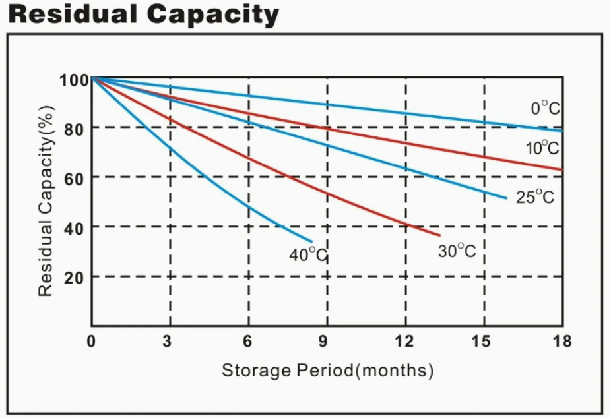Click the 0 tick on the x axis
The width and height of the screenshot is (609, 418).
pyautogui.click(x=91, y=341)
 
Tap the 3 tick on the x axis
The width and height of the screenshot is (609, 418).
pyautogui.click(x=170, y=341)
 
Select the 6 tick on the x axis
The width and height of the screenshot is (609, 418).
pyautogui.click(x=248, y=341)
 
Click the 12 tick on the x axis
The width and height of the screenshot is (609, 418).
pyautogui.click(x=404, y=341)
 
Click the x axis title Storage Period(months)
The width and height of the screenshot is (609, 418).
pyautogui.click(x=327, y=370)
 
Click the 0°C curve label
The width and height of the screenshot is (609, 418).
pyautogui.click(x=545, y=108)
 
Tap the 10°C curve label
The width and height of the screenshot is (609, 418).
pyautogui.click(x=542, y=148)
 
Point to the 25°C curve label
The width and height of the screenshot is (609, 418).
pyautogui.click(x=535, y=196)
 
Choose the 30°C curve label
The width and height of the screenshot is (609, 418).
pyautogui.click(x=457, y=251)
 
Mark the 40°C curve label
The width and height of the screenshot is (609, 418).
pyautogui.click(x=308, y=254)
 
